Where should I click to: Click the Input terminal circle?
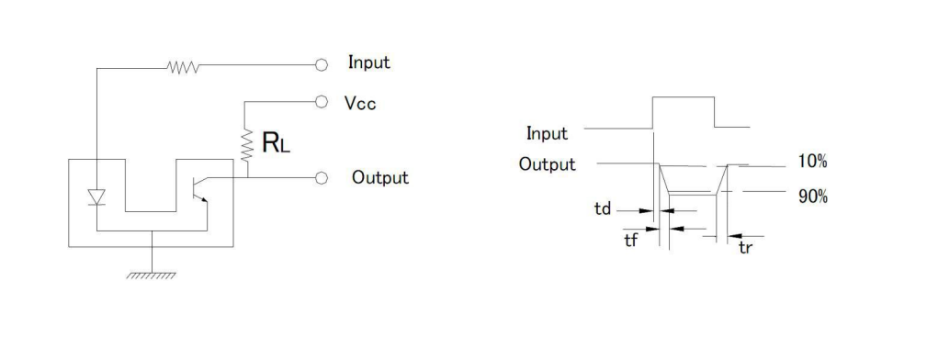coord(321,65)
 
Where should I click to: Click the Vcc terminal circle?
coord(321,102)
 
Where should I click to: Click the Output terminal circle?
coord(321,177)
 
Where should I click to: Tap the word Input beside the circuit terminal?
coord(369,62)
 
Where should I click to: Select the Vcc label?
coord(360,104)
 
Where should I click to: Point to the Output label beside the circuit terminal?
coord(380,177)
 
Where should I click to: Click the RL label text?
coord(276,142)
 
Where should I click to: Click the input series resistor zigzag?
coord(183,67)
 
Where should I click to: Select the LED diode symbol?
coord(96,197)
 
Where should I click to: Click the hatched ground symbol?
coord(152,276)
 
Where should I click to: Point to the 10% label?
coord(812,161)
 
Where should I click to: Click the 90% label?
coord(813,197)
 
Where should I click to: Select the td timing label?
coord(603,208)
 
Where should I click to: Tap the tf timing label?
coord(631,241)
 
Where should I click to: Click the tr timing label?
coord(745,247)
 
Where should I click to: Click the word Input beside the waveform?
coord(547,133)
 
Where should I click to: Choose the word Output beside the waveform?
coord(547,163)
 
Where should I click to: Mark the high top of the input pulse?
coord(684,96)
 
